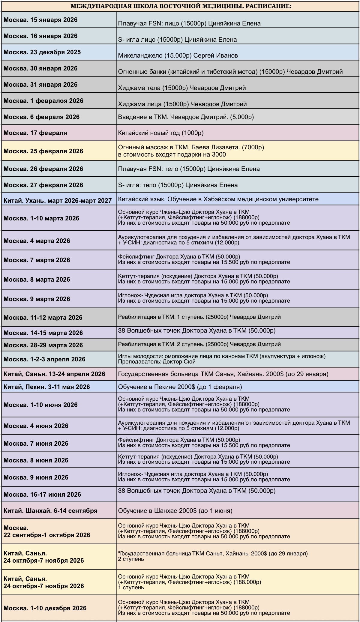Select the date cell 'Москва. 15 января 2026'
pos(40,20)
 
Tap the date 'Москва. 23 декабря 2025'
pos(42,52)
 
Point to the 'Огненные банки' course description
pos(230,72)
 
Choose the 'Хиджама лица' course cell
pos(182,104)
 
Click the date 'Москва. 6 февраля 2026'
pos(41,117)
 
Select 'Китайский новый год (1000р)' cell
pos(160,133)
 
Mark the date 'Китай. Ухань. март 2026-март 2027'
pos(58,201)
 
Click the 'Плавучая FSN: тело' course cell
pos(189,169)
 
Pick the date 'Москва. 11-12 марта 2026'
pos(43,318)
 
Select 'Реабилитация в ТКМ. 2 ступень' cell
pos(199,344)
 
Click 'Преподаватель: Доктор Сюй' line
pos(157,362)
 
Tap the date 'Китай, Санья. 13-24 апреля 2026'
pos(54,374)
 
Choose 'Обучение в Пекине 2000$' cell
pos(180,387)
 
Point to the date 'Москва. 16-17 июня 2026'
pos(42,495)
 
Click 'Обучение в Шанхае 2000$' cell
pos(175,511)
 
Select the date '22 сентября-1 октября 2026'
pos(47,535)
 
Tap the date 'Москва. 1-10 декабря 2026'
pos(45,608)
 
